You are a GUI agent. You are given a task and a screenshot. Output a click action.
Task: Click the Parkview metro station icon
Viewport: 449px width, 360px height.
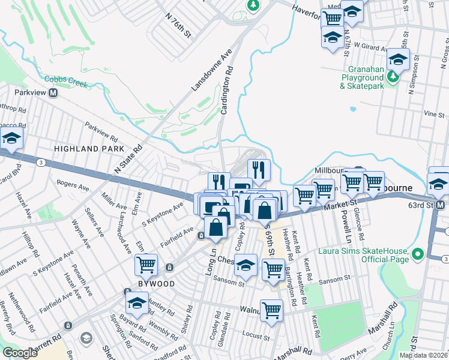point(53,94)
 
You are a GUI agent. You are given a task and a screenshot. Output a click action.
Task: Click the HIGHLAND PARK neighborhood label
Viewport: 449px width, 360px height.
point(88,148)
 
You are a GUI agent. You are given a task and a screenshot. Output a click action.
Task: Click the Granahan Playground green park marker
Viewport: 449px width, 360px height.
point(393,77)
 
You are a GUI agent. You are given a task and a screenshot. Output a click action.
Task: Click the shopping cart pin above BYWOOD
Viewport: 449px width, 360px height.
point(146,263)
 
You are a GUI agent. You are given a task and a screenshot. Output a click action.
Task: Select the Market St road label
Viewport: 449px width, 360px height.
point(330,205)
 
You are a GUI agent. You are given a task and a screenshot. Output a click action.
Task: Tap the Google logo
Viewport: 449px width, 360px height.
point(20,353)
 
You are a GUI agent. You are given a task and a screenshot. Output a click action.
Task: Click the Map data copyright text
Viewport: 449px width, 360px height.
point(423,355)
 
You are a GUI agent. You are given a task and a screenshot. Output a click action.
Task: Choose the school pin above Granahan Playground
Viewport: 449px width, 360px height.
point(397,59)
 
